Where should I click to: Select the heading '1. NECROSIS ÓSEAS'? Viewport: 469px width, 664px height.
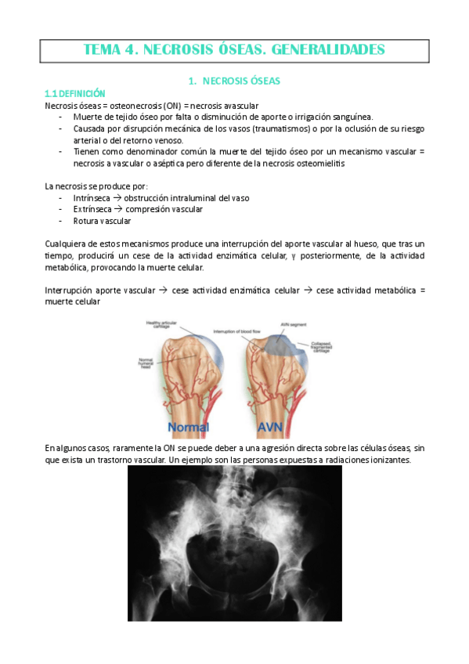coord(235,80)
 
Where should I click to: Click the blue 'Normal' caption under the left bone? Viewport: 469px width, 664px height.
coord(189,428)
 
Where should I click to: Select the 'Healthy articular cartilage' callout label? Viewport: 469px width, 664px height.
coord(159,323)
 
